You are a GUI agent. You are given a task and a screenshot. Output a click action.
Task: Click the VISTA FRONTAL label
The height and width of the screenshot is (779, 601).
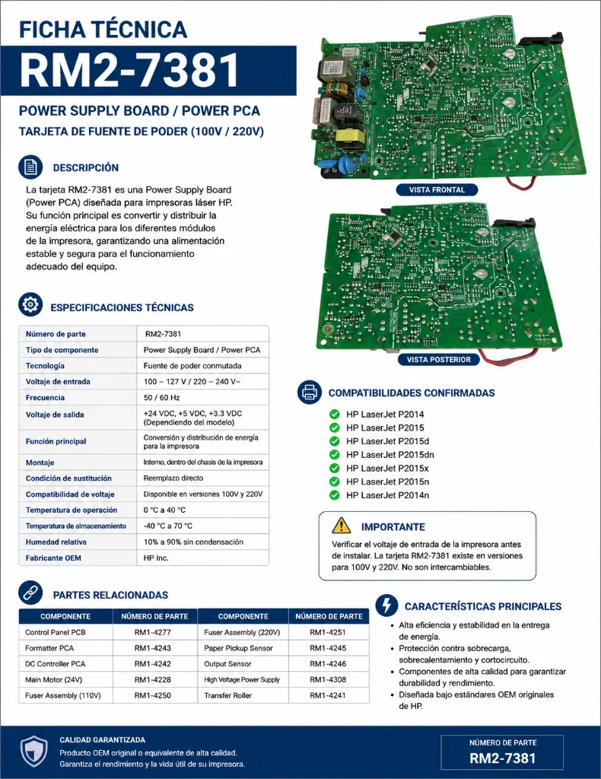tap(437, 189)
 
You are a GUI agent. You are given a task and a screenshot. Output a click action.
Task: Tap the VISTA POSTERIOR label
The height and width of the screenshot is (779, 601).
tap(439, 360)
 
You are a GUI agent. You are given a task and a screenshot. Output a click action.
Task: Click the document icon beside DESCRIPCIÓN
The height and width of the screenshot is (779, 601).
tap(30, 167)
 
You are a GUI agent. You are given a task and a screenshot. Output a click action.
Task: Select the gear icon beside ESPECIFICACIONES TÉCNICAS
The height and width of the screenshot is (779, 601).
tap(30, 304)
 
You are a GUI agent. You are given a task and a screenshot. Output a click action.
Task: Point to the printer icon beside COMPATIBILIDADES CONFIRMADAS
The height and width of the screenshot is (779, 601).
tap(310, 392)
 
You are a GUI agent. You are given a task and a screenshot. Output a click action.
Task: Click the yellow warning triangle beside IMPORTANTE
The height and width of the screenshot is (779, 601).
tap(342, 525)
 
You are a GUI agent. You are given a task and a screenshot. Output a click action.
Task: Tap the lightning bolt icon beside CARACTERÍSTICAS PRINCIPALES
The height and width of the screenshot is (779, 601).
tap(387, 605)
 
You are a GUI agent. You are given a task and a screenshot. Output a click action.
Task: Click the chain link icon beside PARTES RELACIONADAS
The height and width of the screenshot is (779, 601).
tap(30, 593)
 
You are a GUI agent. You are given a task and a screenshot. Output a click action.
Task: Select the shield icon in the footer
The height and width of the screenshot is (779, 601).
tap(33, 751)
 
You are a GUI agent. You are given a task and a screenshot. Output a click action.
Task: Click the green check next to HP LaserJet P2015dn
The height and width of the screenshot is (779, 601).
tap(335, 455)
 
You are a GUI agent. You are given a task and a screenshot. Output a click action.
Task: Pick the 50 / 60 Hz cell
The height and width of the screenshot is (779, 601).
tap(161, 397)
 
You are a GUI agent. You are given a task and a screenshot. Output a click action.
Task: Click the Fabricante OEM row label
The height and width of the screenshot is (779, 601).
tap(53, 558)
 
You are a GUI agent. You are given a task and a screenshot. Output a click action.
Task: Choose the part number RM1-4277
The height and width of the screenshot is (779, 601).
tap(152, 632)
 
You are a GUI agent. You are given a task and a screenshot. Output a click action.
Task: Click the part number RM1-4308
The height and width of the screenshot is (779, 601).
tap(328, 679)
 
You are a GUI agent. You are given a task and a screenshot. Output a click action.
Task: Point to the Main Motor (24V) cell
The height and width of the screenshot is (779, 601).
tap(54, 679)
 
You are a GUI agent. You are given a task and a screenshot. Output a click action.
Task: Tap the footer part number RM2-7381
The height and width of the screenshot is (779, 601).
tap(503, 758)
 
